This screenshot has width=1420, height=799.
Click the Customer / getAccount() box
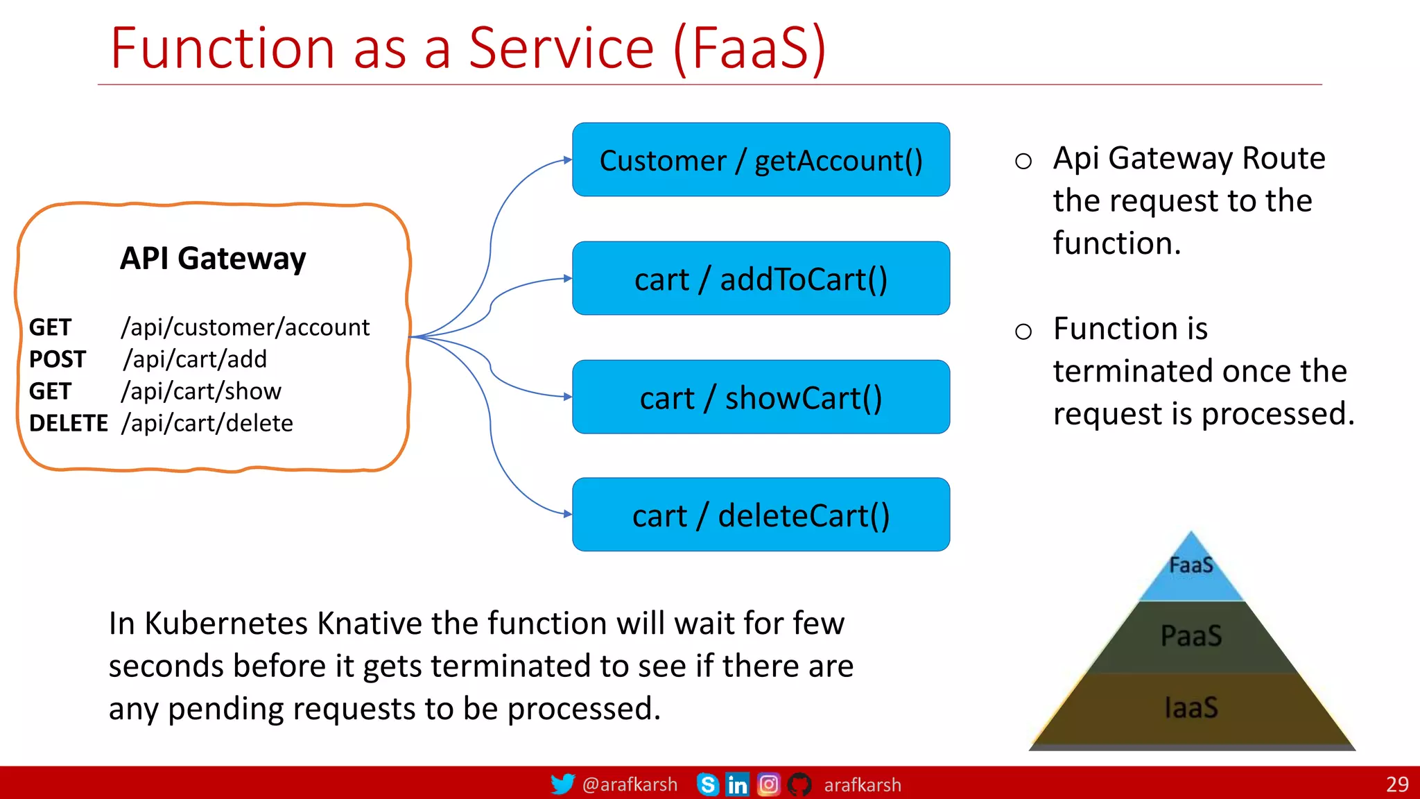coord(761,160)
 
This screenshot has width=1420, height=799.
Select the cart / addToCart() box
coord(761,279)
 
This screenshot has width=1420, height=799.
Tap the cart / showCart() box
coord(761,397)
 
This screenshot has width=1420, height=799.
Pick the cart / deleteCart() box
coord(761,515)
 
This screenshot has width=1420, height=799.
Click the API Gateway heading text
coord(213,259)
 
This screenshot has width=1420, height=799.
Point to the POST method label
coord(58,359)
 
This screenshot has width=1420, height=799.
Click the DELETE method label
coord(69,423)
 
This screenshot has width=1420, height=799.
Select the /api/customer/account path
coord(245,327)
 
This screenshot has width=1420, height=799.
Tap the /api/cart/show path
coord(202,391)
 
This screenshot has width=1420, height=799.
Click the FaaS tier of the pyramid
coord(1191,569)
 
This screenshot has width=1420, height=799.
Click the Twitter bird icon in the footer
coord(562,784)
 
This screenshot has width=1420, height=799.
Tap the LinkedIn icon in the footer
coord(737,784)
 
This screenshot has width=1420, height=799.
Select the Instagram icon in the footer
coord(768,784)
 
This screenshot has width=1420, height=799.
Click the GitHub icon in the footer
coord(799,784)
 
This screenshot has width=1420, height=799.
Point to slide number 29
coord(1397,784)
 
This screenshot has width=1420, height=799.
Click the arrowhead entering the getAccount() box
coord(568,160)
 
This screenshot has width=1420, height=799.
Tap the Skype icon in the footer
coord(707,784)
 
